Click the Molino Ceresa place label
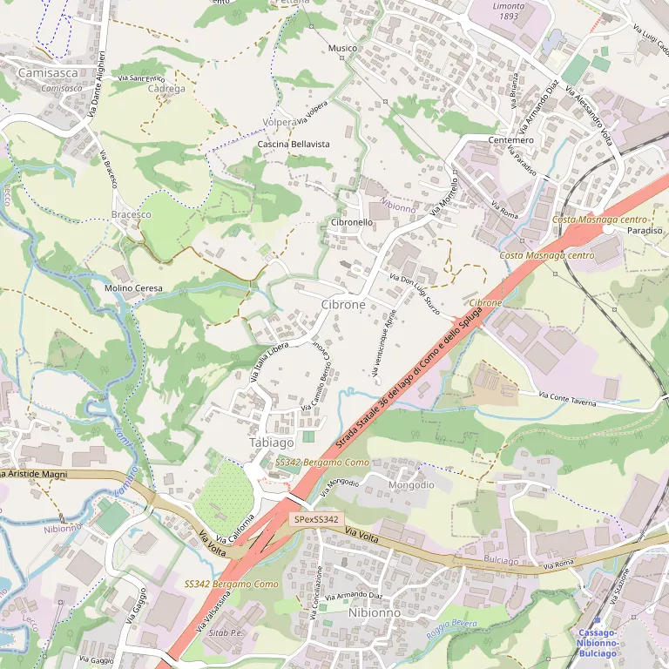(x=133, y=288)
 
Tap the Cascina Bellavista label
(x=294, y=143)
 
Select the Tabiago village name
(x=271, y=443)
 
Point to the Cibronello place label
(x=352, y=223)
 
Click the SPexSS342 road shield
(x=315, y=519)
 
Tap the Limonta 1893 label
(x=509, y=11)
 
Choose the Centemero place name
(x=511, y=140)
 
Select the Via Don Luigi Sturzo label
(x=415, y=294)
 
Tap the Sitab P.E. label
(x=226, y=632)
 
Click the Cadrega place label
(x=166, y=89)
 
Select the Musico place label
(x=342, y=48)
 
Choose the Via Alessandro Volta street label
(x=590, y=113)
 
